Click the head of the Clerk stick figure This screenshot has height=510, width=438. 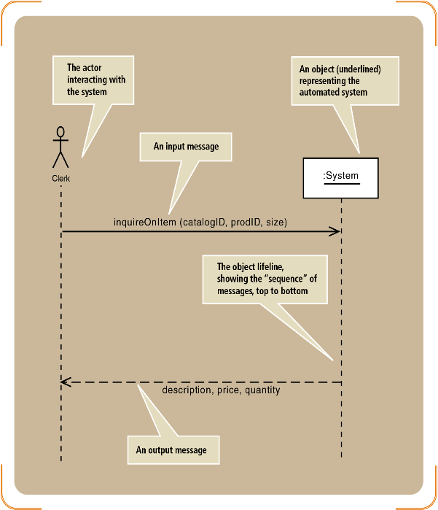pyautogui.click(x=60, y=132)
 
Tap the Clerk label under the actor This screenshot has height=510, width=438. pyautogui.click(x=61, y=179)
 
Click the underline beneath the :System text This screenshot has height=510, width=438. pyautogui.click(x=342, y=184)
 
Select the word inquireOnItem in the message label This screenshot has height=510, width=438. pyautogui.click(x=145, y=222)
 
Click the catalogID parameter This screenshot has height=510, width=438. pyautogui.click(x=204, y=223)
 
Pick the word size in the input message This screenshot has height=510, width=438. pyautogui.click(x=275, y=223)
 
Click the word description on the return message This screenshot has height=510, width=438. pyautogui.click(x=187, y=390)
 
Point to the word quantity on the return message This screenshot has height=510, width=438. pyautogui.click(x=262, y=390)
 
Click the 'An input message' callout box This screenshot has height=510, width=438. pyautogui.click(x=186, y=147)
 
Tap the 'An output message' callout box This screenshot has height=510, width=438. pyautogui.click(x=173, y=450)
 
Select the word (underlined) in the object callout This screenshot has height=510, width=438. pyautogui.click(x=359, y=69)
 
